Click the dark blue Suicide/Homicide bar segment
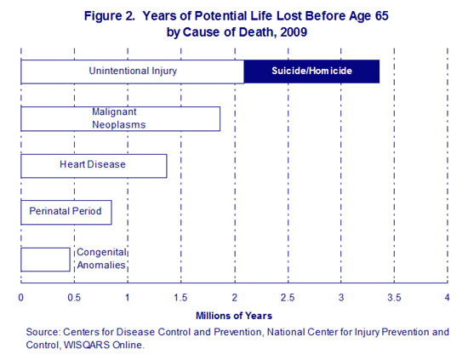tap(311, 71)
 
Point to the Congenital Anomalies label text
tap(101, 259)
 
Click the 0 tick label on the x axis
tap(21, 298)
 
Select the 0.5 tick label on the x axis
tap(74, 298)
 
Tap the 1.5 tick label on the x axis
tap(180, 298)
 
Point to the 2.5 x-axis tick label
tap(288, 298)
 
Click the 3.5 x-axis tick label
tap(394, 298)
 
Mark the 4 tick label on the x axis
tap(447, 298)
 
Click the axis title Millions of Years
tap(234, 316)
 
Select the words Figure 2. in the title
tap(110, 16)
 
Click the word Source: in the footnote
tap(43, 332)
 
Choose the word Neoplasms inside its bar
tap(119, 125)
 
